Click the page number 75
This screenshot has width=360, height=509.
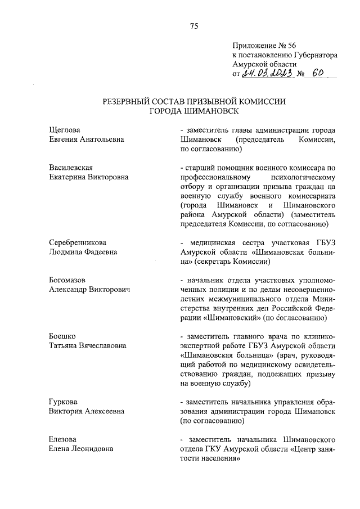193,26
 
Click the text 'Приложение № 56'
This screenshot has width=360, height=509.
263,47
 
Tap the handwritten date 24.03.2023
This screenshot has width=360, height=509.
266,74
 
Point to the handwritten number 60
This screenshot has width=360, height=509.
318,74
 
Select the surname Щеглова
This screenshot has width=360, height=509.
65,130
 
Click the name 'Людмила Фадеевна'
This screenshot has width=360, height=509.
83,252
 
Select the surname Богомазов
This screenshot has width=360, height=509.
70,280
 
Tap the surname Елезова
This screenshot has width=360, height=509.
63,439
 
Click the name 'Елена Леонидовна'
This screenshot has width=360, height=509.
81,448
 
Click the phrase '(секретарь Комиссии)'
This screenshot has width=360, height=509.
234,262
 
